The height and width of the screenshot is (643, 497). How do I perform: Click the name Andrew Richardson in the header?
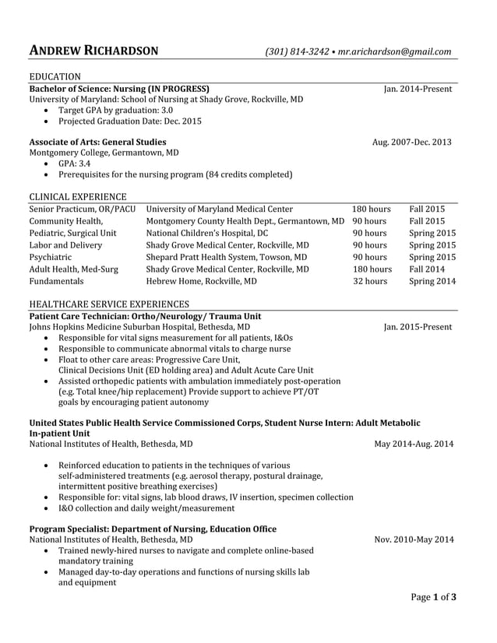pyautogui.click(x=93, y=51)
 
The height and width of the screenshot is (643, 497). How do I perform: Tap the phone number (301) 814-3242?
pyautogui.click(x=297, y=52)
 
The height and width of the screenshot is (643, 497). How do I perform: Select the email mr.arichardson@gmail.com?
pyautogui.click(x=395, y=52)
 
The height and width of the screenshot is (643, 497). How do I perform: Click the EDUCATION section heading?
pyautogui.click(x=55, y=76)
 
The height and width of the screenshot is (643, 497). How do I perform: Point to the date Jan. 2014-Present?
pyautogui.click(x=418, y=89)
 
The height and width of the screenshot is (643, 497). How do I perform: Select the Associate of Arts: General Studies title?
pyautogui.click(x=97, y=142)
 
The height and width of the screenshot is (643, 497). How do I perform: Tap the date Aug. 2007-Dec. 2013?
pyautogui.click(x=412, y=142)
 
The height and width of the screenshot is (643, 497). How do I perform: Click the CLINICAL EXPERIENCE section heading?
pyautogui.click(x=78, y=197)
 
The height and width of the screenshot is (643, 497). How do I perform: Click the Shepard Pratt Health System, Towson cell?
pyautogui.click(x=227, y=257)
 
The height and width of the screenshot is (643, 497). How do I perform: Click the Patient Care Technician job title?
pyautogui.click(x=145, y=316)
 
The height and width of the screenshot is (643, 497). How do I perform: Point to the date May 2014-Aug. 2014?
pyautogui.click(x=414, y=444)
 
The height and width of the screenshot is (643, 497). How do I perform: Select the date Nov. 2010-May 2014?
pyautogui.click(x=414, y=539)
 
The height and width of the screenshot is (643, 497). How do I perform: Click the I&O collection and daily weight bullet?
pyautogui.click(x=146, y=508)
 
